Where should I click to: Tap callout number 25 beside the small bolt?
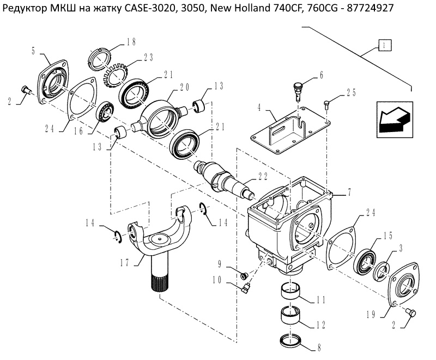[x=350, y=93]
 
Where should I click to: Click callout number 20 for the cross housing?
[x=184, y=86]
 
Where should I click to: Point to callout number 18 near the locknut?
[x=131, y=41]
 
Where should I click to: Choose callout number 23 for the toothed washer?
[x=148, y=57]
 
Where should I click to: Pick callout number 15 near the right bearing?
[x=388, y=236]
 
